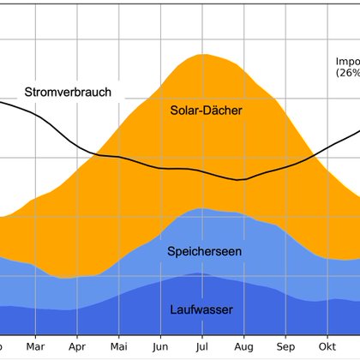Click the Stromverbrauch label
click(68, 92)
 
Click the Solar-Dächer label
click(207, 111)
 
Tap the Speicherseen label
click(204, 251)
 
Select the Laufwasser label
click(201, 309)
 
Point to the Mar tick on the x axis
click(35, 347)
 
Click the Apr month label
click(76, 347)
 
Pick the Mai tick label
click(117, 347)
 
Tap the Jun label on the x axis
click(159, 347)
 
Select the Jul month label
click(201, 347)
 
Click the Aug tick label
click(243, 347)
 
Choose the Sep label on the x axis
click(285, 347)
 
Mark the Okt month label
click(326, 347)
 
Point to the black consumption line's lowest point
click(241, 180)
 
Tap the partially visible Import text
click(347, 62)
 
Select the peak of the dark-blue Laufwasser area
click(199, 274)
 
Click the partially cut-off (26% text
click(347, 74)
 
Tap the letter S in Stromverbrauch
click(28, 92)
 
